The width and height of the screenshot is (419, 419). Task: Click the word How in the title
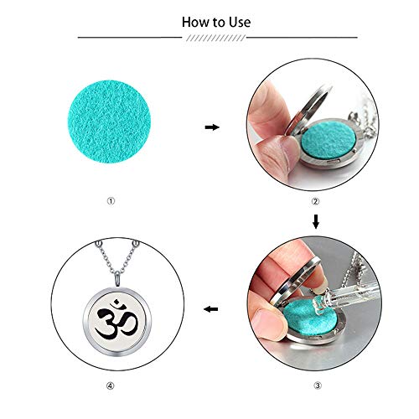[194, 22]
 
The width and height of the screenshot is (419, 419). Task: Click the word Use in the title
[237, 22]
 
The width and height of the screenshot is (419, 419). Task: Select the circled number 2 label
[315, 199]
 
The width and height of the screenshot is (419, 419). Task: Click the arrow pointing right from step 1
[212, 127]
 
